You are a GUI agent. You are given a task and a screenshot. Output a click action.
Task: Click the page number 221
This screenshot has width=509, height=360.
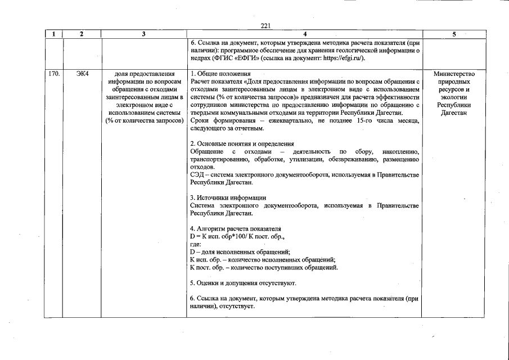[266, 26]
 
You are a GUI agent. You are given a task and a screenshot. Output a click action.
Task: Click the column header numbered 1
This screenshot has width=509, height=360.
[53, 34]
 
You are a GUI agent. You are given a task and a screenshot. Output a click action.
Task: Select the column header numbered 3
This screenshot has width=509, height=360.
[143, 34]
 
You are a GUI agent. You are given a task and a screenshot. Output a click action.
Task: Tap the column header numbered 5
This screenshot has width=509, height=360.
[454, 34]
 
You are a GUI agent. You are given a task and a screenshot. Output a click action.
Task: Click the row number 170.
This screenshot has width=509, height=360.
[53, 74]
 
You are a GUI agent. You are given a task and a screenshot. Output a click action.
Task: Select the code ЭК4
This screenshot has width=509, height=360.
[82, 74]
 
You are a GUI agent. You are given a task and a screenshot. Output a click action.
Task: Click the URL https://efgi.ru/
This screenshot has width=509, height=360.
[340, 58]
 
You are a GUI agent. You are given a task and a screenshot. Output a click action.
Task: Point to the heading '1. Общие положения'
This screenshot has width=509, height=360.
[220, 74]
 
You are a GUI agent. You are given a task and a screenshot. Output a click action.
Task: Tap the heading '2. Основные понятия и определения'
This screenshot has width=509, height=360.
[242, 144]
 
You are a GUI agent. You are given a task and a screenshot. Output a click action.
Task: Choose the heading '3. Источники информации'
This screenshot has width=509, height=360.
[228, 198]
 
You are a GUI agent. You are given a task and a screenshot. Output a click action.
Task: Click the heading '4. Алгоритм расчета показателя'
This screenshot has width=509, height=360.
[235, 229]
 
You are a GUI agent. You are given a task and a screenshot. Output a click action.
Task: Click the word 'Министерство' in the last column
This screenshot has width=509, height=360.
[454, 74]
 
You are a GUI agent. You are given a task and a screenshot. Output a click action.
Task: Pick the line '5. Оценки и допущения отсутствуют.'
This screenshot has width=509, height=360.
[243, 283]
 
